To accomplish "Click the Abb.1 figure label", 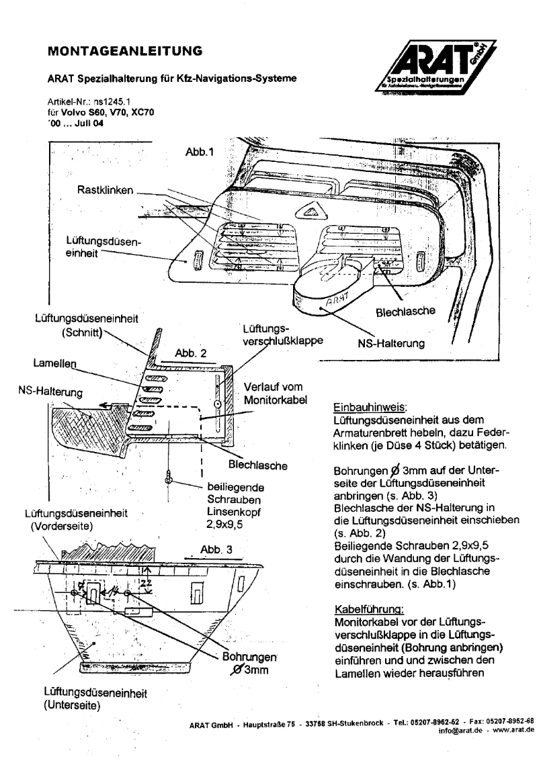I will coord(198,152).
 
